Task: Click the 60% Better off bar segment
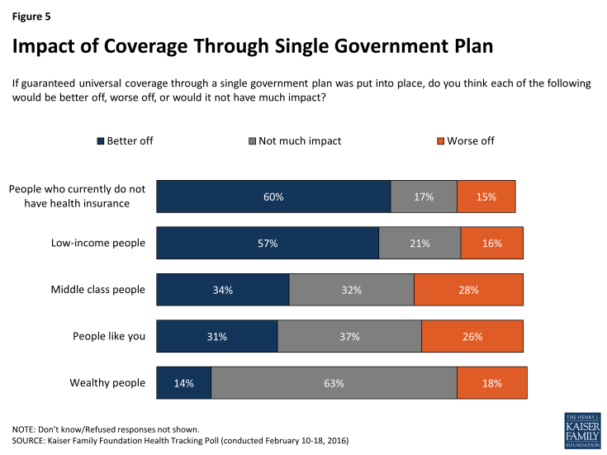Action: coord(273,197)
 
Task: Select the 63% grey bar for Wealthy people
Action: coord(334,383)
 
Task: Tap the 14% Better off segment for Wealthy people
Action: coord(183,383)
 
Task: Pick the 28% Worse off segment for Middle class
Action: coord(468,290)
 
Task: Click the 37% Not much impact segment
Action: coord(349,337)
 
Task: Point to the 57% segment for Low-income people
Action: coord(267,244)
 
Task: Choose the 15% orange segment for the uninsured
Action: coord(486,197)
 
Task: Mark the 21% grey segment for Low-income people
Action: coord(420,244)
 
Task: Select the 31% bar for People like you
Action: coord(216,337)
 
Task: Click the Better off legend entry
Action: coord(125,141)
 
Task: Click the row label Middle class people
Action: coord(97,290)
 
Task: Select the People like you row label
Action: coord(108,337)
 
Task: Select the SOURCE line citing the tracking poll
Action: coord(180,442)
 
